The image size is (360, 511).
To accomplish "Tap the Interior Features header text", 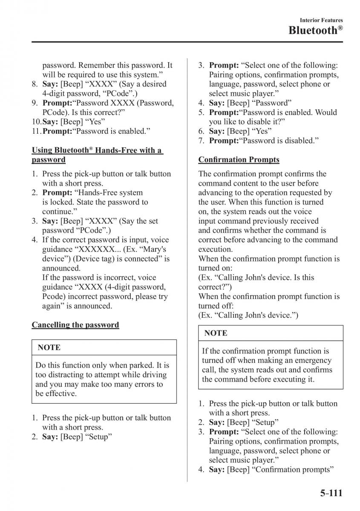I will (x=321, y=20).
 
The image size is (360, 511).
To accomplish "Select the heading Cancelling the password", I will (x=75, y=325).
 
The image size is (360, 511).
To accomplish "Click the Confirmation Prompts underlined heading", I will (x=239, y=160).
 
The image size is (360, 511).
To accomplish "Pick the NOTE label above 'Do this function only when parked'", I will (x=49, y=347).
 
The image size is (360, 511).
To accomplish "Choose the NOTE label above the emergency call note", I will (x=216, y=333).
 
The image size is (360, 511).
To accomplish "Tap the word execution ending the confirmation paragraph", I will (x=215, y=249).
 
